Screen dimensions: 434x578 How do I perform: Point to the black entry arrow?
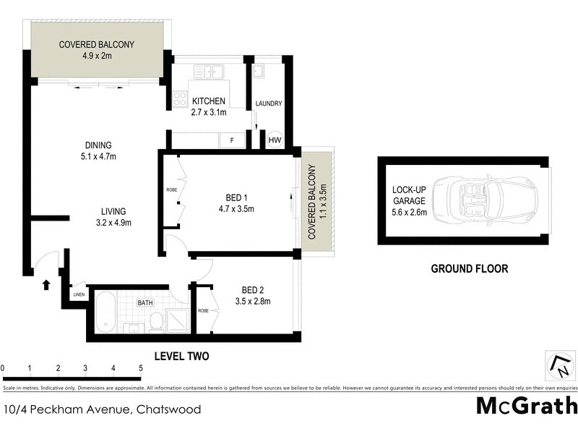[x=46, y=285]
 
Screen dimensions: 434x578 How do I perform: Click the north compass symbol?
[x=559, y=365]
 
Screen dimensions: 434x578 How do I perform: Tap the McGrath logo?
[x=527, y=405]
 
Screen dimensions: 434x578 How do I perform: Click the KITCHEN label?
[x=208, y=101]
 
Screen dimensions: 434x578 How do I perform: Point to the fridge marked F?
[x=231, y=140]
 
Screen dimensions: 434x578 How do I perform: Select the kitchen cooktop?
[x=178, y=99]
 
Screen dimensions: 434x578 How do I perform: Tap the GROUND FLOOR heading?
[x=470, y=268]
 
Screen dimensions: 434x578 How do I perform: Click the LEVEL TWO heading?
[x=182, y=356]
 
